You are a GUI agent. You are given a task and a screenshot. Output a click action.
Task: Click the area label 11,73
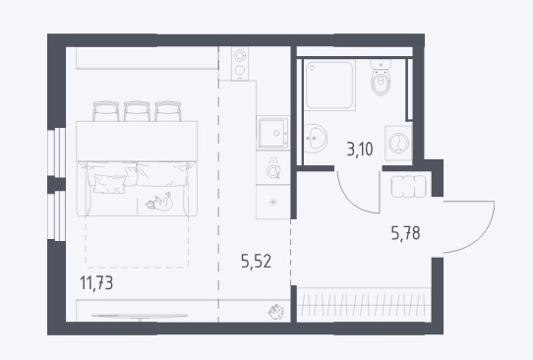click(x=96, y=283)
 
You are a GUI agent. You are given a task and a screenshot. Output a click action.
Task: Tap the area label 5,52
click(x=257, y=262)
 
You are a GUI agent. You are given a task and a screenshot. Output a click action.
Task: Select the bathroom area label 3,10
click(x=360, y=149)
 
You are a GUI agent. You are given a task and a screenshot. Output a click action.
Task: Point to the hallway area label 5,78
click(x=405, y=233)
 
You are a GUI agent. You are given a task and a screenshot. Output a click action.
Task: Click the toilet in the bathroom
click(x=381, y=78)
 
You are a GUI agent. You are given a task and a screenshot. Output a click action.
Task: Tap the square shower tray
click(x=329, y=85)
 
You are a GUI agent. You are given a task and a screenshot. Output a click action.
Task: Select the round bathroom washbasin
click(x=315, y=139)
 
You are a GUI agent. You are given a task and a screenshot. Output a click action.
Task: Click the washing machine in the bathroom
click(x=398, y=143)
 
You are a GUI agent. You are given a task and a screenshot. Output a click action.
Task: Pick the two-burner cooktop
click(x=240, y=64)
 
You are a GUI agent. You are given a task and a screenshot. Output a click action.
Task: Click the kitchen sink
click(x=273, y=133)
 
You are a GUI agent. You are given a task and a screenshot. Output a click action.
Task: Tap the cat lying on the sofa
click(x=159, y=202)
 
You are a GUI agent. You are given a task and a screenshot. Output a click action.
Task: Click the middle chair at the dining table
click(x=137, y=111)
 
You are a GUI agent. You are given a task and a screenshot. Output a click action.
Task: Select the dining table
click(x=137, y=141)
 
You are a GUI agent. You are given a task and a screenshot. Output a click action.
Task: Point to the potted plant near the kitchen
click(x=275, y=312)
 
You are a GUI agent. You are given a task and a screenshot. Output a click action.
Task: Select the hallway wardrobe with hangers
click(x=364, y=305)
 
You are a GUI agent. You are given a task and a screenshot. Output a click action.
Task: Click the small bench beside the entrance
click(x=408, y=186)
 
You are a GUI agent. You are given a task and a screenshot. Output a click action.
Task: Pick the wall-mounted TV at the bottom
click(x=140, y=317)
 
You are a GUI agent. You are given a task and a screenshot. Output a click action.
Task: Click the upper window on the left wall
click(x=57, y=152)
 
